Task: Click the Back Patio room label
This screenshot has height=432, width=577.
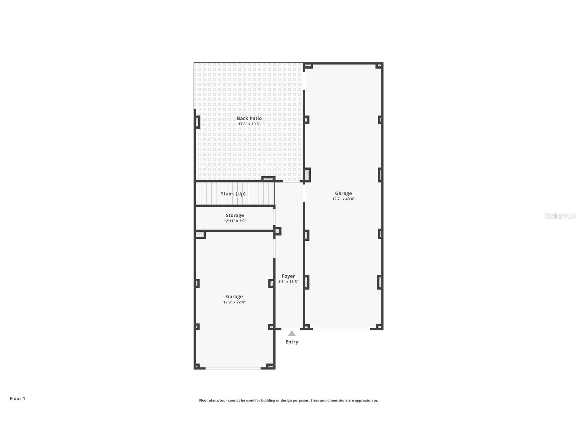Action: [x=249, y=118]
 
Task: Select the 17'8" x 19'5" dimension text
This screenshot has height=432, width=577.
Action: [x=249, y=124]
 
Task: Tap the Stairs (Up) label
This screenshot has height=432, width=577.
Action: [x=233, y=194]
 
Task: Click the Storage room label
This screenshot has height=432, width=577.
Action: [x=235, y=215]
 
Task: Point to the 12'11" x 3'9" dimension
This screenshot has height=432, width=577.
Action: [x=235, y=221]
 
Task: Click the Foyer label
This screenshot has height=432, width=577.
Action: [x=288, y=276]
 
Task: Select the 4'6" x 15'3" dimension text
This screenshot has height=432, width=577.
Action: [x=288, y=282]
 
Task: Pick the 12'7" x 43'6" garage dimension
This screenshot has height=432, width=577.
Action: [x=343, y=199]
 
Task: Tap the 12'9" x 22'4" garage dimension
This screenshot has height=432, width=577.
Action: [x=234, y=302]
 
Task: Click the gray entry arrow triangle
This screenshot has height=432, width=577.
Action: [x=292, y=334]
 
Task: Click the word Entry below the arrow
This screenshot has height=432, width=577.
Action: [x=292, y=342]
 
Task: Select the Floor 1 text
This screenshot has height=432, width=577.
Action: [x=17, y=398]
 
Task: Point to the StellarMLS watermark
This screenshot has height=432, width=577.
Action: [x=560, y=216]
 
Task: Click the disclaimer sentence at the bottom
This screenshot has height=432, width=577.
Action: [x=288, y=400]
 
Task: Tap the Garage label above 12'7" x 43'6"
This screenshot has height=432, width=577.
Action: [x=343, y=193]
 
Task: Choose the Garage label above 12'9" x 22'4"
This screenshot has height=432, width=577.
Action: [x=234, y=296]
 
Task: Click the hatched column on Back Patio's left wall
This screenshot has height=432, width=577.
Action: [x=197, y=122]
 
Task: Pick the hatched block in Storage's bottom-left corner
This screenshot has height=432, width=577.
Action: [x=200, y=234]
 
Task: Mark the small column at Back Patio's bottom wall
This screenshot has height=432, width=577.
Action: [x=268, y=179]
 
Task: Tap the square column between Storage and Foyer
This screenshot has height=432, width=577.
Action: [x=277, y=231]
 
